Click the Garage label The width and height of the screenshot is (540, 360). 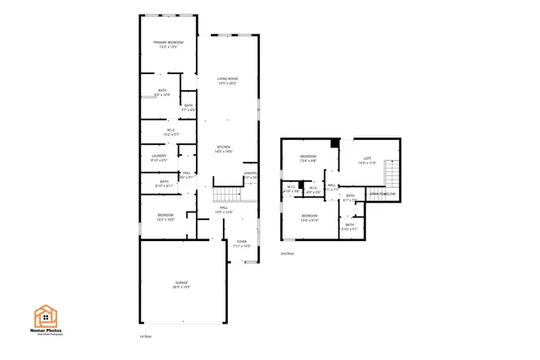point(181,284)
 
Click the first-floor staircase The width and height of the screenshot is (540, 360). point(228,193)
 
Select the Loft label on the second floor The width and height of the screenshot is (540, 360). point(367,159)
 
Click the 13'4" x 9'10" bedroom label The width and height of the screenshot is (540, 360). point(309,218)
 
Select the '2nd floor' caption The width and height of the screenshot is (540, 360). point(287,253)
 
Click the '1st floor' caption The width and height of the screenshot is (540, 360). point(145,336)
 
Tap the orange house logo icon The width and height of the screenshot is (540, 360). point(46,315)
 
